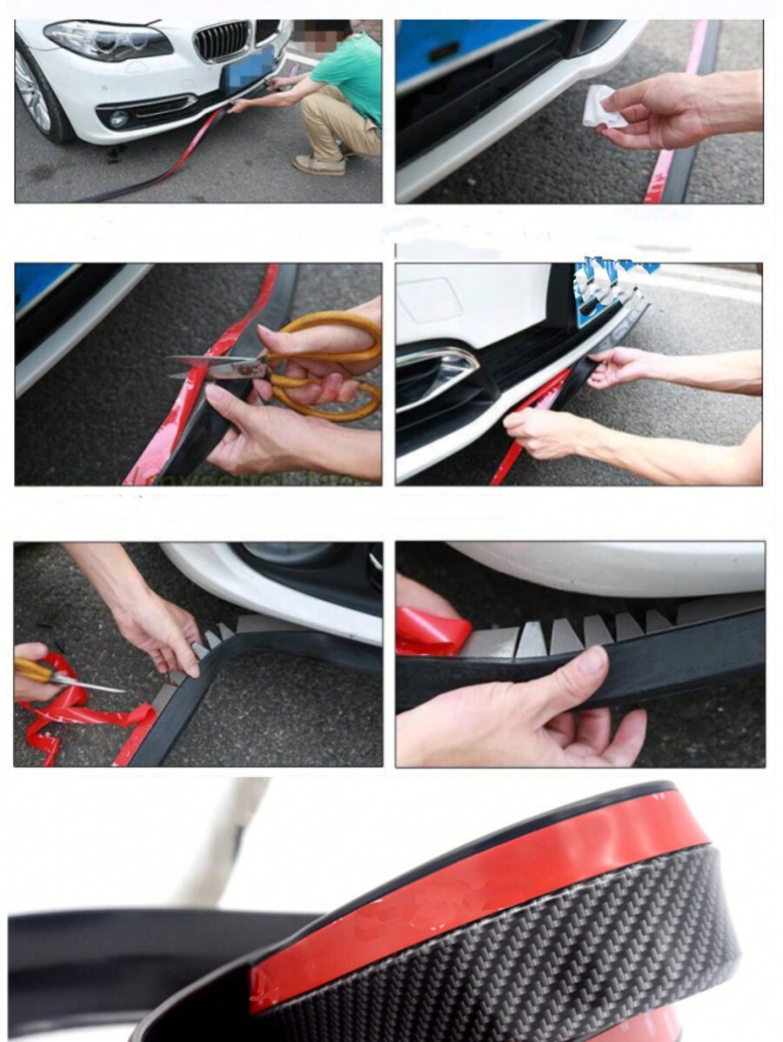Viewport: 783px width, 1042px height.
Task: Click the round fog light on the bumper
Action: coord(117,118)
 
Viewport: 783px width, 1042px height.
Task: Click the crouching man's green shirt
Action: coord(351,74)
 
